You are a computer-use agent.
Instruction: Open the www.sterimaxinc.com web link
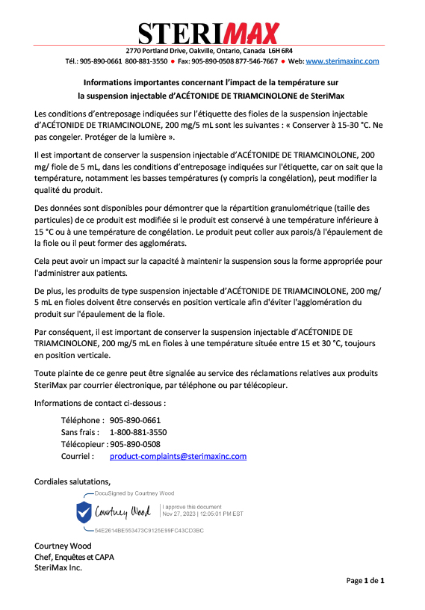(342, 61)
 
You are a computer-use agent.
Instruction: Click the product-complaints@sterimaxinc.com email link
(178, 456)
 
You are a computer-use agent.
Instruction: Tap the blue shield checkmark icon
(84, 512)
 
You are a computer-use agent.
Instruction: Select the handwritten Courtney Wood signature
(122, 512)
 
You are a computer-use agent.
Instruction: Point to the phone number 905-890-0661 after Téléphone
(135, 420)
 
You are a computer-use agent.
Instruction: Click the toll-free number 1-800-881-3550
(138, 432)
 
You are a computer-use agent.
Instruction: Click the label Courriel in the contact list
(77, 456)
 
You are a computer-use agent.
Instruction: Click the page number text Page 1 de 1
(364, 581)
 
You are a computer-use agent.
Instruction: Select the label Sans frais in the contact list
(82, 432)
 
